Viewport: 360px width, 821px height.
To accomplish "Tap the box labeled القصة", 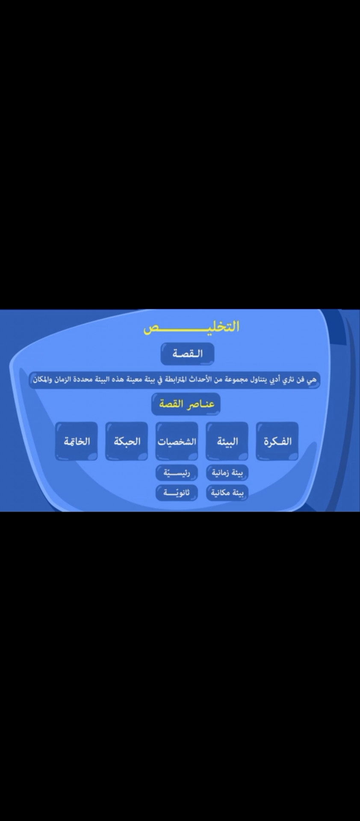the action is coord(188,354).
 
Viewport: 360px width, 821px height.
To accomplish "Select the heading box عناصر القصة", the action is coord(186,404).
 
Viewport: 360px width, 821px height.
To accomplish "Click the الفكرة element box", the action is coord(277,441).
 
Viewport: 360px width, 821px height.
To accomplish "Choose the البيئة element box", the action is coord(227,441).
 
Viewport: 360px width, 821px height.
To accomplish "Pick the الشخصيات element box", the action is coord(177,441).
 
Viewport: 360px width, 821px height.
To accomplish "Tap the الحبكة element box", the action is coord(127,441).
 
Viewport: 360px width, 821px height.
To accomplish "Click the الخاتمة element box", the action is coord(77,441).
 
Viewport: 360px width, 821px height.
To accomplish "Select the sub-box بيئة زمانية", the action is coord(227,473).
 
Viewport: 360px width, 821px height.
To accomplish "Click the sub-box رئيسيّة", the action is coord(177,473).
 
